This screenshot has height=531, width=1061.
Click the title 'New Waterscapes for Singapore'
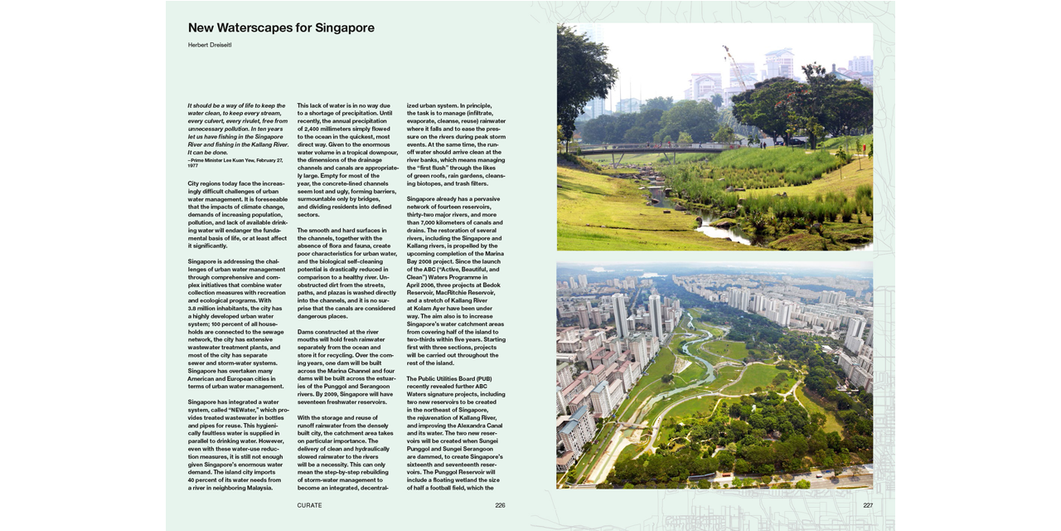pos(281,27)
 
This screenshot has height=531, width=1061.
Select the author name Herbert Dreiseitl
pos(210,45)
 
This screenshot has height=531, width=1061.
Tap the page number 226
pos(500,505)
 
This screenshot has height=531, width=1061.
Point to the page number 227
pos(868,505)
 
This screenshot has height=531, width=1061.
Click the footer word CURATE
pos(310,505)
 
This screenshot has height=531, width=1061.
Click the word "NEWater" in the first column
pos(249,410)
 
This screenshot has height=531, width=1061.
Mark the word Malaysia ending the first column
pos(258,488)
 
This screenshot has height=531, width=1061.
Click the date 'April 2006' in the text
pos(426,285)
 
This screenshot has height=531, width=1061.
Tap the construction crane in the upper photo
pos(734,66)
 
